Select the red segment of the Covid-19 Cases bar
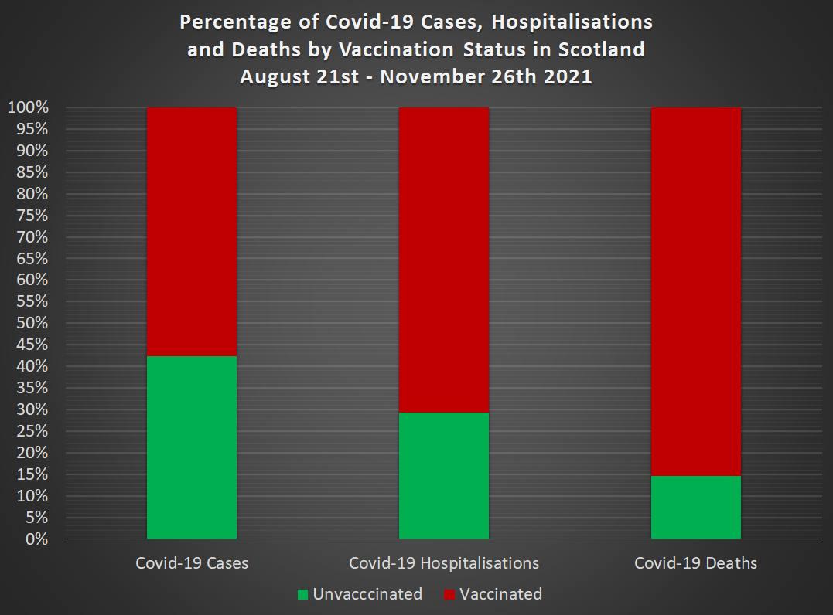[x=191, y=231]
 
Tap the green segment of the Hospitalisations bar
[x=443, y=475]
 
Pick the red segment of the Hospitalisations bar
[x=443, y=259]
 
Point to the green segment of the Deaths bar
[x=695, y=507]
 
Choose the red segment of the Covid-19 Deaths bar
[x=695, y=291]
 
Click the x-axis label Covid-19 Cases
[x=192, y=563]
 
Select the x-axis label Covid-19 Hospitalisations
[x=444, y=563]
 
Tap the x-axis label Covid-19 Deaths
[x=695, y=563]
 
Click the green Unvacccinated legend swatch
[x=302, y=595]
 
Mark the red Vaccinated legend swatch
[x=449, y=595]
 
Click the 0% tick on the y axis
[x=37, y=539]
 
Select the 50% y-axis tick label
[x=32, y=323]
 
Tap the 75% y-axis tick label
[x=32, y=216]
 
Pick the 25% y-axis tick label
[x=32, y=431]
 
